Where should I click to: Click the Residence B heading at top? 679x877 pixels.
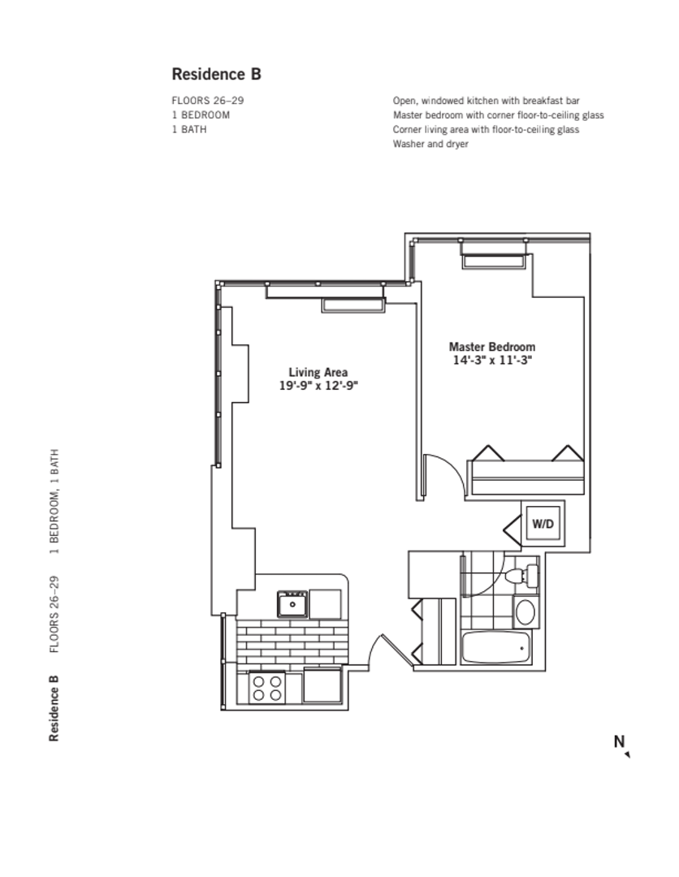coord(216,74)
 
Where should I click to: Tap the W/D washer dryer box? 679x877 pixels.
coord(543,524)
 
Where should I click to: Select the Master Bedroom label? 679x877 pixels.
coord(492,347)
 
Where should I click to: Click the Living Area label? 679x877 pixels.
coord(318,373)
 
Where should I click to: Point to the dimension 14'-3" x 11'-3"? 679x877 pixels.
coord(492,361)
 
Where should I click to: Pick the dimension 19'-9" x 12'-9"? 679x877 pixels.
coord(318,387)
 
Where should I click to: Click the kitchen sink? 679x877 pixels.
coord(292,604)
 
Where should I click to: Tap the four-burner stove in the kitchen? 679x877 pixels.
coord(267,688)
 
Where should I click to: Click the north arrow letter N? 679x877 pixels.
coord(619,741)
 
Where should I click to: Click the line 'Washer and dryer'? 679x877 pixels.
coord(430,144)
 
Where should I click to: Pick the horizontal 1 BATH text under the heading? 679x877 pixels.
coord(188,129)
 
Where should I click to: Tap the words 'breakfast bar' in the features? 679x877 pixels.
coord(552,101)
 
